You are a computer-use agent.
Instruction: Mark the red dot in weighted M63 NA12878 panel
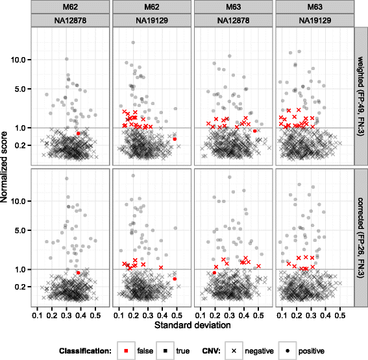(255, 131)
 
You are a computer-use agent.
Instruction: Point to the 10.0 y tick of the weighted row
(23, 60)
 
